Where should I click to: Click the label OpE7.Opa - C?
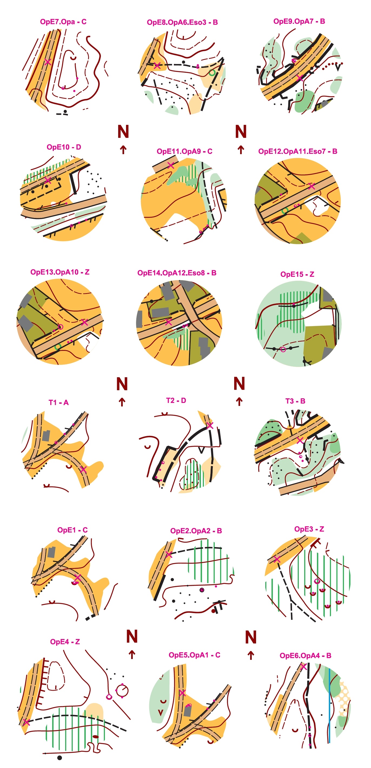(x=63, y=22)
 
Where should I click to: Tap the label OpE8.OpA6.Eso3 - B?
(x=182, y=22)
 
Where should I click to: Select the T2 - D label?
(x=176, y=400)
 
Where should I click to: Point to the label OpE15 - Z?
(x=297, y=274)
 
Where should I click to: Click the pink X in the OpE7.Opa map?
(x=48, y=62)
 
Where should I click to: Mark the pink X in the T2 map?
(x=210, y=425)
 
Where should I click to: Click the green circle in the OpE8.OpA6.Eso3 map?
(x=212, y=72)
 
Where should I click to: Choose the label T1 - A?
(x=58, y=402)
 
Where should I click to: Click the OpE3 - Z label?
(x=309, y=529)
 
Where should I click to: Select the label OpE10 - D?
(x=64, y=147)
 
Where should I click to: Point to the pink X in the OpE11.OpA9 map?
(x=171, y=165)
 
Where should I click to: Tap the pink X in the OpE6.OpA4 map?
(x=303, y=667)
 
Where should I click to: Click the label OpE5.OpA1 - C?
(x=194, y=655)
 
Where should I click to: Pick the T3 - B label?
(x=295, y=401)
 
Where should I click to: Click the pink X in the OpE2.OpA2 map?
(x=169, y=555)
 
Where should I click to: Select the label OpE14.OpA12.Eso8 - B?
(x=177, y=273)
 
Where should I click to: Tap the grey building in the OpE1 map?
(x=52, y=552)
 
